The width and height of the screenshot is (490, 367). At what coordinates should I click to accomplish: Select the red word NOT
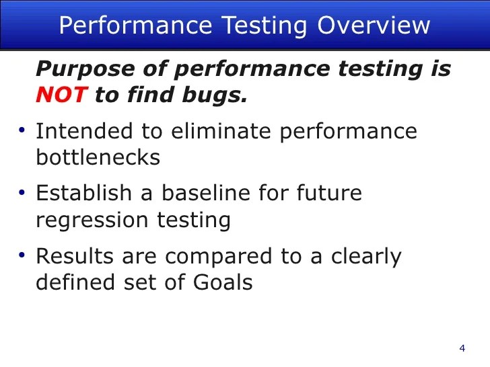61,95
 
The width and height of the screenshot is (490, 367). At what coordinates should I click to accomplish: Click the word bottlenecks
98,157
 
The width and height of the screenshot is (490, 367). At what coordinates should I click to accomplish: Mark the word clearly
367,256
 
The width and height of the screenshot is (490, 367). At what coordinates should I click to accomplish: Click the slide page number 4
462,348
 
